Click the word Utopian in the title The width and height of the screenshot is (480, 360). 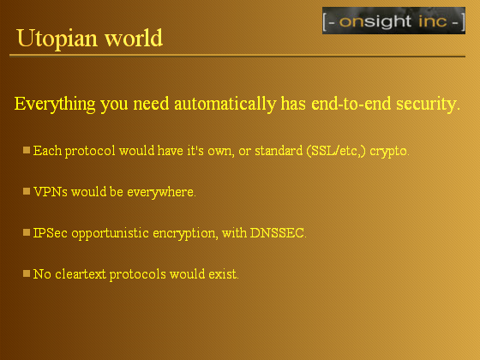pyautogui.click(x=57, y=39)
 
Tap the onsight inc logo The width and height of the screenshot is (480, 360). pyautogui.click(x=393, y=21)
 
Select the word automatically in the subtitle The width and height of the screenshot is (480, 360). pyautogui.click(x=225, y=104)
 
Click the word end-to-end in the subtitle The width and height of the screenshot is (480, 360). pyautogui.click(x=351, y=104)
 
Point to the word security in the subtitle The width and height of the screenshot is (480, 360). pyautogui.click(x=429, y=104)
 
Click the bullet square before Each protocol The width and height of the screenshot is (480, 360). pyautogui.click(x=27, y=150)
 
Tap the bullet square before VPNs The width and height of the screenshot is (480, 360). pyautogui.click(x=27, y=191)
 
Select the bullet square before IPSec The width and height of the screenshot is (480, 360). pyautogui.click(x=27, y=232)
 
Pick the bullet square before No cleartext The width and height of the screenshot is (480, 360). pyautogui.click(x=27, y=273)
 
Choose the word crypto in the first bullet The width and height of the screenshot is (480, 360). pyautogui.click(x=389, y=152)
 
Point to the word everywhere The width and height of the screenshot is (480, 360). pyautogui.click(x=161, y=193)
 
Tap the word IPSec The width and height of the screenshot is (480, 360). pyautogui.click(x=51, y=233)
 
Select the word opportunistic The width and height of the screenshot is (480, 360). pyautogui.click(x=111, y=233)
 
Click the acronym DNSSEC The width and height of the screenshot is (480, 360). pyautogui.click(x=278, y=233)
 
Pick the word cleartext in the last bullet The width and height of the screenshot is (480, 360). pyautogui.click(x=81, y=274)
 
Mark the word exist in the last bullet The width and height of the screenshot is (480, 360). pyautogui.click(x=224, y=274)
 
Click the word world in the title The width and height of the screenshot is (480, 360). pyautogui.click(x=134, y=39)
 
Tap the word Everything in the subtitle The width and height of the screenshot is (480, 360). pyautogui.click(x=55, y=104)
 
